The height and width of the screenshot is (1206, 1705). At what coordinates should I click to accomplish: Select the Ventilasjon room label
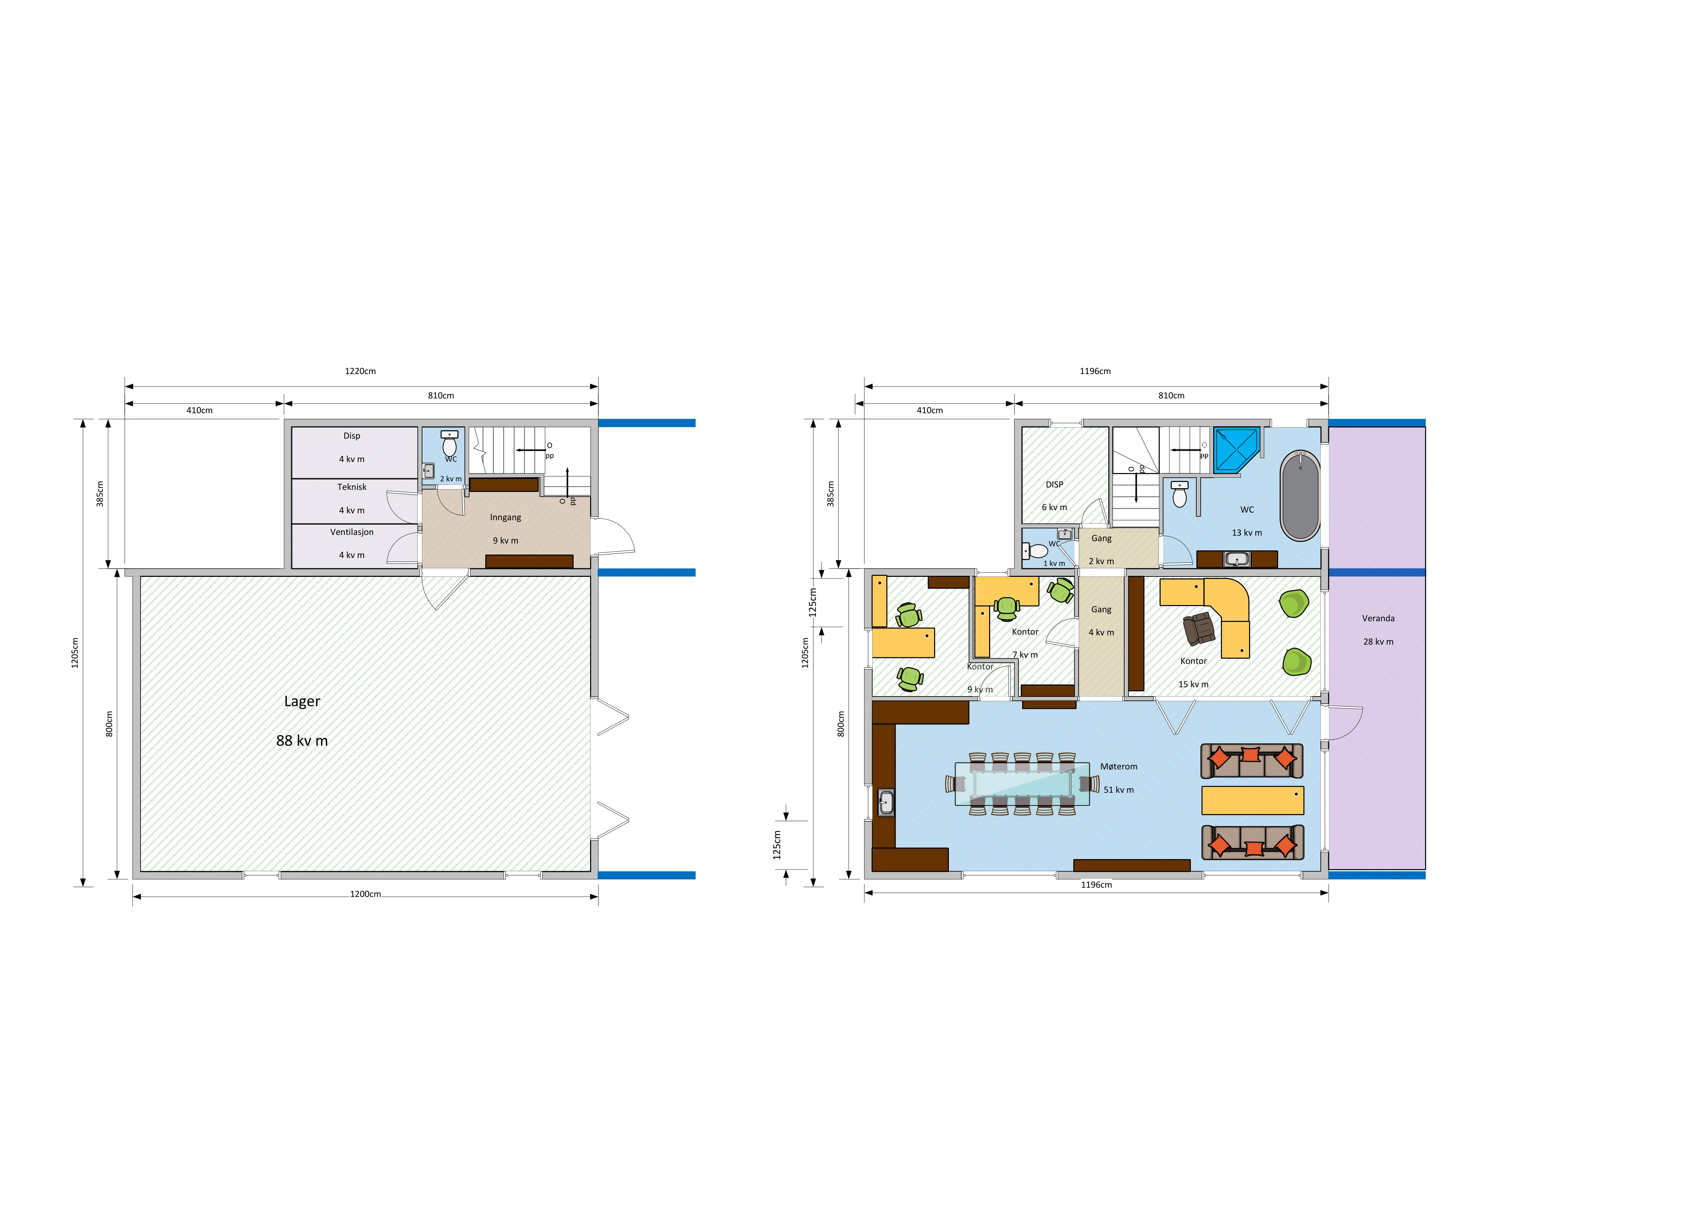(x=352, y=532)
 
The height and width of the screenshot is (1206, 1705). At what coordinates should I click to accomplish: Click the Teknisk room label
(x=352, y=487)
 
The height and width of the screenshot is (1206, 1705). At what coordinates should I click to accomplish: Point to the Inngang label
(x=506, y=518)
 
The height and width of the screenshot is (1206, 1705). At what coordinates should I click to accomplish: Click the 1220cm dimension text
(x=360, y=371)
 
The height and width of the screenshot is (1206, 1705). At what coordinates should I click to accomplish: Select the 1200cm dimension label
(x=365, y=894)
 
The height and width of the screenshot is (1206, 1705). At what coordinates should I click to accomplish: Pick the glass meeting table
(x=1022, y=784)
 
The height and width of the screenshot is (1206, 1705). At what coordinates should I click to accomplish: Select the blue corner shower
(x=1237, y=450)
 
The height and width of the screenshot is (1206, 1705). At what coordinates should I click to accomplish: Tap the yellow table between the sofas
(x=1253, y=801)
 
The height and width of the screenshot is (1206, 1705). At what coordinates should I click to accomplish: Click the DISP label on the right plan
(x=1054, y=484)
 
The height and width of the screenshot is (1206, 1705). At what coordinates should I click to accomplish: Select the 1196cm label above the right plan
(x=1095, y=371)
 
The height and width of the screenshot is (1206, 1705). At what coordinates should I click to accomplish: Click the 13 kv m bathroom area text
(x=1247, y=533)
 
